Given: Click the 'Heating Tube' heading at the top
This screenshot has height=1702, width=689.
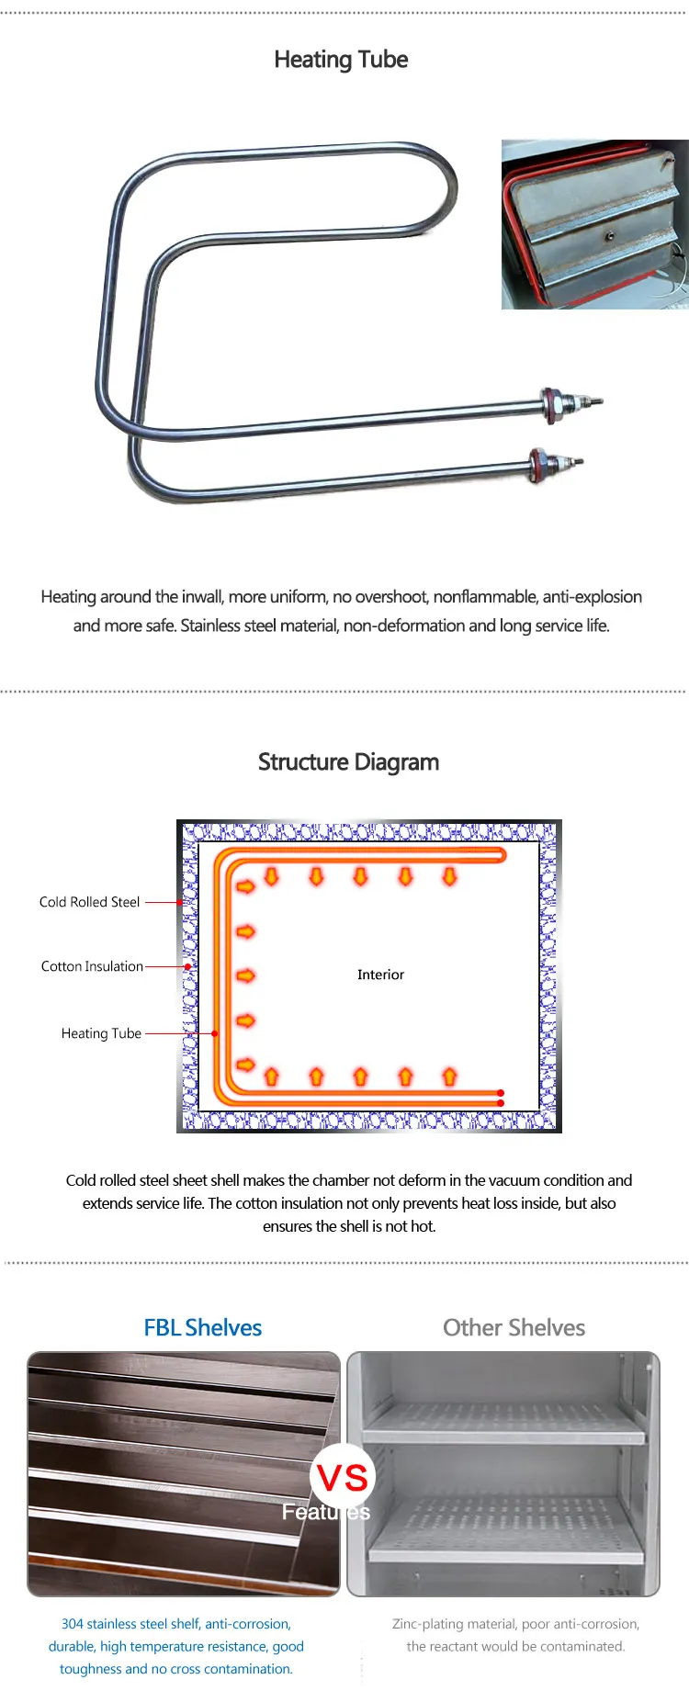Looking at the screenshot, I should [341, 60].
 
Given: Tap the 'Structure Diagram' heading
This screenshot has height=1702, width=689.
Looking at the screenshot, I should [348, 762].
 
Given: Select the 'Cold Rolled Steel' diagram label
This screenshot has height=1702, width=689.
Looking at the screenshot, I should [89, 902].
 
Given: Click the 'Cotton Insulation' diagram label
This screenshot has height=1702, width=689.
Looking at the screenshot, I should [92, 966].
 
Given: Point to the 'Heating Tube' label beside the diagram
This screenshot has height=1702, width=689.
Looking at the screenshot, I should [101, 1033].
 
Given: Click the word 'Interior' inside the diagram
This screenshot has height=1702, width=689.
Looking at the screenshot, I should [380, 975].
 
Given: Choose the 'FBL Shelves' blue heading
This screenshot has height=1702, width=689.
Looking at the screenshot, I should [202, 1327].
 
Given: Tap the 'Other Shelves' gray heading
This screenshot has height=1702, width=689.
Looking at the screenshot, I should [514, 1327].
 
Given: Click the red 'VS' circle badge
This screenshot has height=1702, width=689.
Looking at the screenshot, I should [343, 1477].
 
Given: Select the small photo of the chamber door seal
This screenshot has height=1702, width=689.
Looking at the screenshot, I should [594, 224].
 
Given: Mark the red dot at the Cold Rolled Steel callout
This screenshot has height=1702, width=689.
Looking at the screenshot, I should [180, 903].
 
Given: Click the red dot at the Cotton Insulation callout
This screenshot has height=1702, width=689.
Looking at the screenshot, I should [187, 966].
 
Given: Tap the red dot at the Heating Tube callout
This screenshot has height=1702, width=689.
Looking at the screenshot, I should [214, 1033].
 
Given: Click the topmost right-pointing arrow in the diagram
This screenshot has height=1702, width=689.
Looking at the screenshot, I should [245, 886].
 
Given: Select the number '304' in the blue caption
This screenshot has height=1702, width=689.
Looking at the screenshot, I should [72, 1624].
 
